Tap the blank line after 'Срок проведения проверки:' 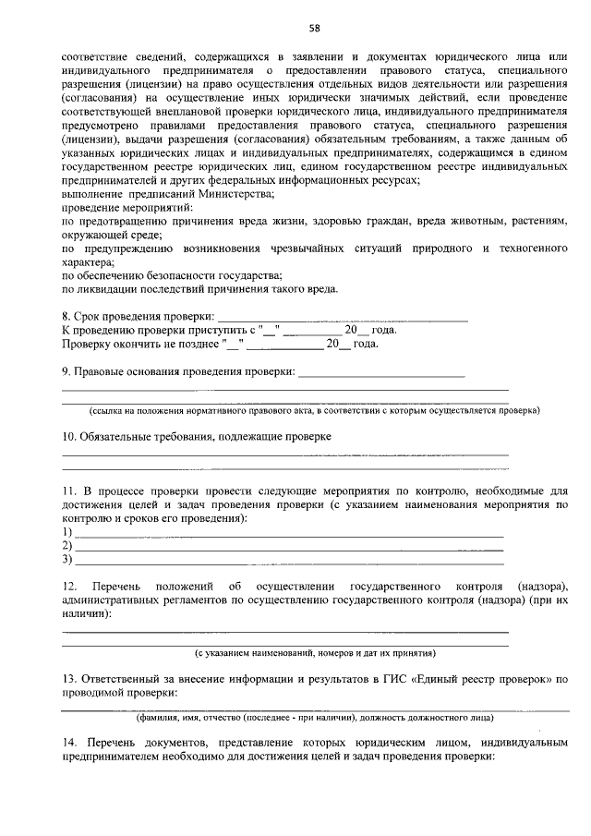pyautogui.click(x=342, y=318)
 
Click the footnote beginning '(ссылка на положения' pyautogui.click(x=314, y=409)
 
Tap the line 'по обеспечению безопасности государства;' pyautogui.click(x=171, y=276)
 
